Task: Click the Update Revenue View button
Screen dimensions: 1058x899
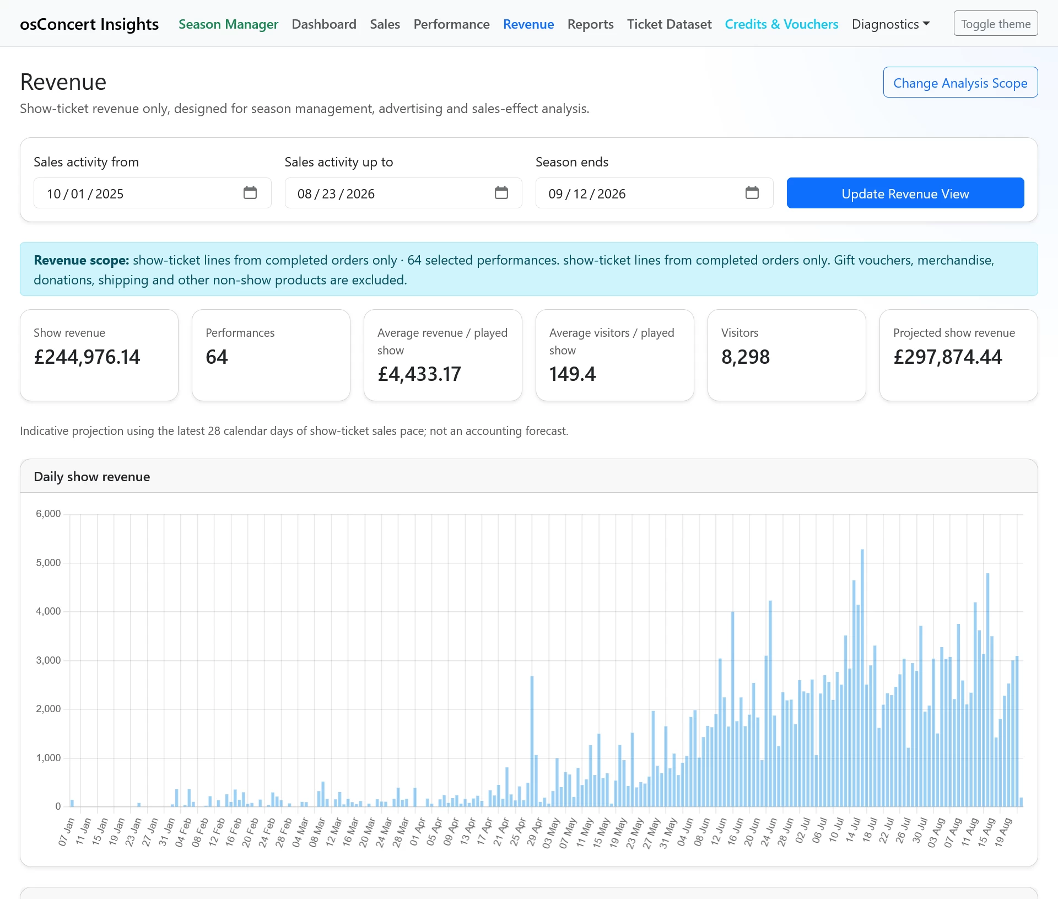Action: pyautogui.click(x=905, y=193)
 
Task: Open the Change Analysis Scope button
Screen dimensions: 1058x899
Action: pyautogui.click(x=960, y=83)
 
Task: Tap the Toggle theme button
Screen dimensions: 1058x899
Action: pyautogui.click(x=996, y=24)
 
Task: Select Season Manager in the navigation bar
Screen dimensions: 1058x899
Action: pyautogui.click(x=228, y=24)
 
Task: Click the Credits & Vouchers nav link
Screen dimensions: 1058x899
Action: pyautogui.click(x=781, y=24)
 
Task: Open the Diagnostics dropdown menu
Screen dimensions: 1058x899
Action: pyautogui.click(x=890, y=24)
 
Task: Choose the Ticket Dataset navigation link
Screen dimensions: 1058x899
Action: pyautogui.click(x=669, y=24)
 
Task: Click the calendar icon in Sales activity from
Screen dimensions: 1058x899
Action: pyautogui.click(x=250, y=192)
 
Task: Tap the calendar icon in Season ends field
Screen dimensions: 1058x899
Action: pyautogui.click(x=752, y=192)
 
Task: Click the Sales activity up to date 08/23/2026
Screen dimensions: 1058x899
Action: pyautogui.click(x=336, y=194)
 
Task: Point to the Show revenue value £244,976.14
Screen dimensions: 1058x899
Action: pyautogui.click(x=87, y=357)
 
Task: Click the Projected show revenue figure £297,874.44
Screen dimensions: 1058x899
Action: pyautogui.click(x=948, y=357)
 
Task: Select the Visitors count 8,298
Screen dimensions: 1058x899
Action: pyautogui.click(x=746, y=357)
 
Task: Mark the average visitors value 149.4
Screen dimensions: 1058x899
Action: pyautogui.click(x=573, y=374)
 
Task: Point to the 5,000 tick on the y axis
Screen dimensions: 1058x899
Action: pyautogui.click(x=48, y=563)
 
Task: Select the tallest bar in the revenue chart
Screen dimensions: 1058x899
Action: pyautogui.click(x=862, y=678)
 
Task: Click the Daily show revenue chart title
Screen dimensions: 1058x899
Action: pyautogui.click(x=92, y=477)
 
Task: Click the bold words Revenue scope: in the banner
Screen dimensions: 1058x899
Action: pyautogui.click(x=82, y=260)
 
